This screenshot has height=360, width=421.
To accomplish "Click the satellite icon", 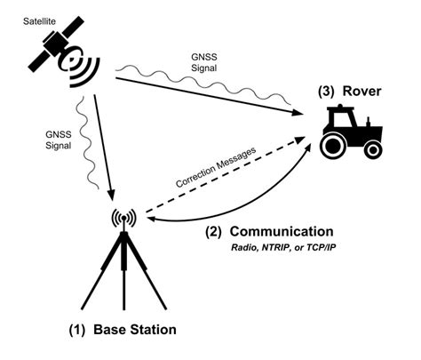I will (58, 51).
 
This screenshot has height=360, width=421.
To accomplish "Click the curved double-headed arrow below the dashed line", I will (240, 209).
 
